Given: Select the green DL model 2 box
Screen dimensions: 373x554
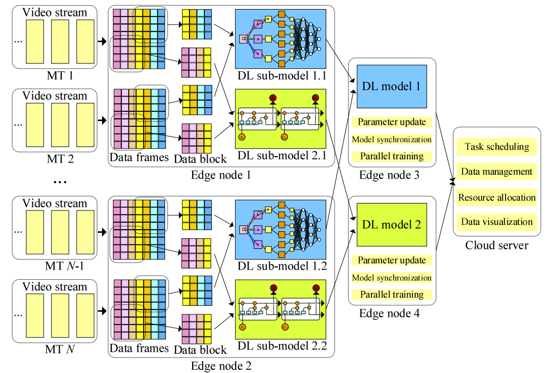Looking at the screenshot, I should (392, 224).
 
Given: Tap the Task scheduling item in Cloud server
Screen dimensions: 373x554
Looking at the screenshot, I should (497, 147).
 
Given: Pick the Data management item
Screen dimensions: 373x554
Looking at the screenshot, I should (497, 172).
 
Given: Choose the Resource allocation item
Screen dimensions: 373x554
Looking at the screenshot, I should (497, 197).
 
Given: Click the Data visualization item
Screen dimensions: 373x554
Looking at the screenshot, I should (497, 222).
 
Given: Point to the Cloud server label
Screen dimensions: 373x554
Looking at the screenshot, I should (497, 245).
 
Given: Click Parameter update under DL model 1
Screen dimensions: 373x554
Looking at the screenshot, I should (392, 122).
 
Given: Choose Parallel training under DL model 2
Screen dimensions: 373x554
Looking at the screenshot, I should (392, 294).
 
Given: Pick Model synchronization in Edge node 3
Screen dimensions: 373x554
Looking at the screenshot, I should (392, 139).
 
